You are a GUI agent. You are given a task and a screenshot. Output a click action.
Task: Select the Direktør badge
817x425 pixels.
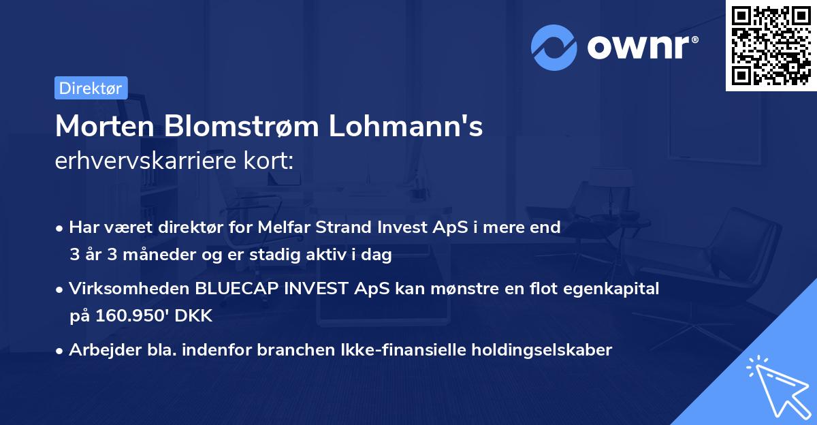click(91, 88)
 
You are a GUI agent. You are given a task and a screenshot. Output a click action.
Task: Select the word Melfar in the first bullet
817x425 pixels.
click(283, 227)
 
